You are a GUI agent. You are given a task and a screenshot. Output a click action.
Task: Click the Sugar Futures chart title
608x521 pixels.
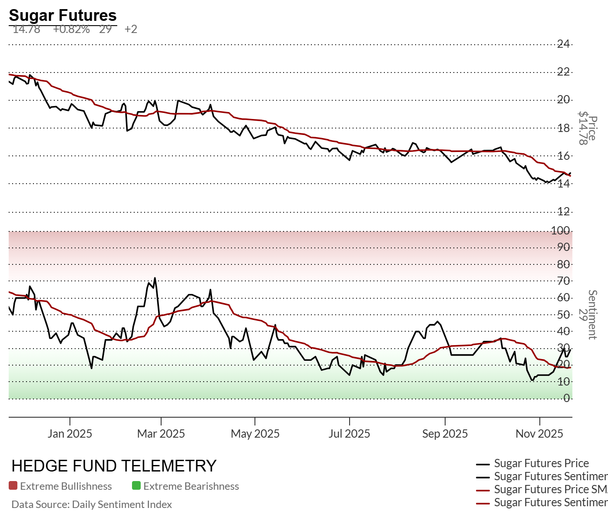click(x=63, y=16)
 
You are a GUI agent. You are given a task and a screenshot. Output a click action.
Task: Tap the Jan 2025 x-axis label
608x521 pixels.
click(x=70, y=433)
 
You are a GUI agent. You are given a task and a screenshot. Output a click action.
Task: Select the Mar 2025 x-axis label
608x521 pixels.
click(x=161, y=433)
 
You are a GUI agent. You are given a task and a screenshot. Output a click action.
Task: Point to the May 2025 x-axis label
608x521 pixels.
click(x=255, y=433)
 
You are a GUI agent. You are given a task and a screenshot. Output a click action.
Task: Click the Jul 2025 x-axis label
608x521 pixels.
click(x=349, y=433)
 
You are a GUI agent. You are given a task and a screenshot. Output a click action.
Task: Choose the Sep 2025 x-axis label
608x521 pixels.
click(x=445, y=433)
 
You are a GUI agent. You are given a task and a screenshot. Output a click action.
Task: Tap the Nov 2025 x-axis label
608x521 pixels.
click(x=539, y=433)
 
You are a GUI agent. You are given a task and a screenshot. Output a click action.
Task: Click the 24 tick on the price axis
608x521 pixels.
click(x=564, y=44)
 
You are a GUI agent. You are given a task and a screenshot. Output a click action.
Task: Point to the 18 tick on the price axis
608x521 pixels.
click(x=564, y=128)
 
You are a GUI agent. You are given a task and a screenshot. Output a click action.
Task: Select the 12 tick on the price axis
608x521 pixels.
click(x=564, y=212)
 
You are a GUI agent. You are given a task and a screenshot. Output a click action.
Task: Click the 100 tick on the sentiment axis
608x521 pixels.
click(x=561, y=231)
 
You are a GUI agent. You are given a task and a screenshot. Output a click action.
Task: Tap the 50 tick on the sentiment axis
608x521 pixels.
click(x=563, y=314)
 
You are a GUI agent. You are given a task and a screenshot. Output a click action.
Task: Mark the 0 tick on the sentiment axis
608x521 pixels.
click(x=566, y=398)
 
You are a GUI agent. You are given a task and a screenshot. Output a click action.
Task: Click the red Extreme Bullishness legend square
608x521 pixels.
click(x=13, y=486)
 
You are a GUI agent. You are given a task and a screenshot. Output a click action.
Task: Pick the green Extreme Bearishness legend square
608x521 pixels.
click(x=136, y=486)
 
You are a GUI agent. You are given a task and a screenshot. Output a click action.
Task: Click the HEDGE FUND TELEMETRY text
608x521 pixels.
click(x=114, y=466)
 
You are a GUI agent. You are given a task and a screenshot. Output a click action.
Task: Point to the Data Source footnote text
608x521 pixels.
click(x=92, y=505)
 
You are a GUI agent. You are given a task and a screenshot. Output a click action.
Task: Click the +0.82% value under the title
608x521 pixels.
click(x=71, y=30)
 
